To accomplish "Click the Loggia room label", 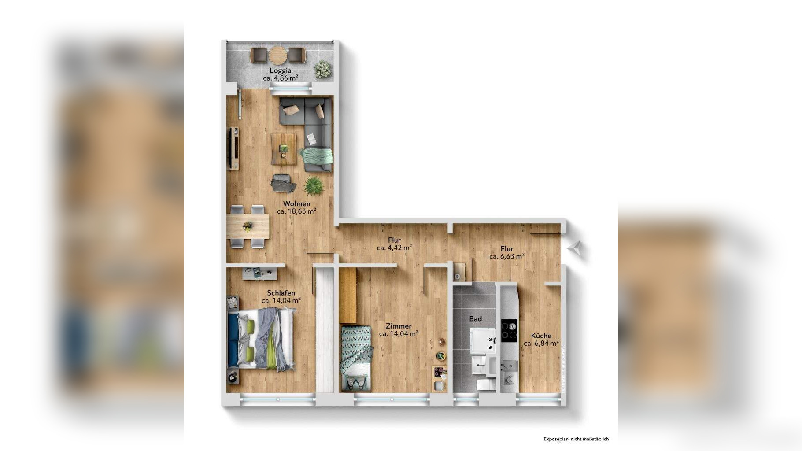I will pos(281,70).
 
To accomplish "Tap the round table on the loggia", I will pos(277,55).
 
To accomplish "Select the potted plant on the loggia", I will pos(323,70).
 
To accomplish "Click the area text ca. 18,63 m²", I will pos(296,211).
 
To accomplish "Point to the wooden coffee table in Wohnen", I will pos(283,149).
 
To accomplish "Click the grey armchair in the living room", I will pos(283,183).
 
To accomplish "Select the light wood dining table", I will pos(248,226).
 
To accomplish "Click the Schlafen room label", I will pos(281,293).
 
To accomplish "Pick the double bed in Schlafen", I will pos(261,338).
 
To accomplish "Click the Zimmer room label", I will pos(398,326).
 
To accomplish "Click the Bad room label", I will pos(475,318).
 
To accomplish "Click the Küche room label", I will pos(541,336).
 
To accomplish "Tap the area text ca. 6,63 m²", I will pos(506,256).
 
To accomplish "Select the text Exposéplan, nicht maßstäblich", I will pos(576,439).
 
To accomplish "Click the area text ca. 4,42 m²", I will pos(394,248).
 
